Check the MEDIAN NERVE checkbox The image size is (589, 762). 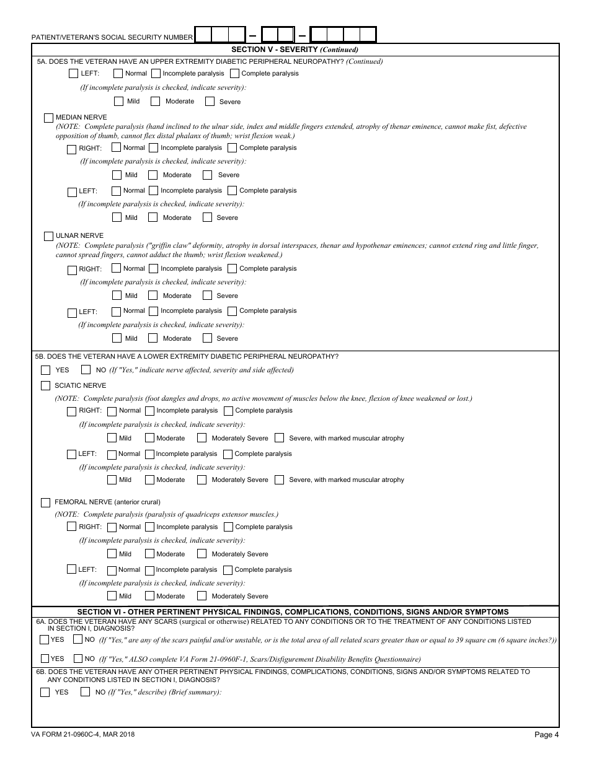point(48,117)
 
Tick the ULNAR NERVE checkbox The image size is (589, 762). point(48,236)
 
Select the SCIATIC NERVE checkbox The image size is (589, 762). point(45,385)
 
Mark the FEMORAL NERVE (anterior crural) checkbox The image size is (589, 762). point(45,502)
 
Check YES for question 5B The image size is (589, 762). point(45,370)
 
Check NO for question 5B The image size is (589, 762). point(86,370)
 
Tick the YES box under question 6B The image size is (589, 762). point(45,692)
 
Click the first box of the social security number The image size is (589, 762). point(203,35)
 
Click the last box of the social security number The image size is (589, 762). point(368,35)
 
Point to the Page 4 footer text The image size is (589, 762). point(546,735)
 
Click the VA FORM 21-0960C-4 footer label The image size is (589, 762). point(84,734)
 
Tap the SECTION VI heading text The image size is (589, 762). point(293,611)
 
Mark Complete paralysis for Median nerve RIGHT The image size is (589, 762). point(232,147)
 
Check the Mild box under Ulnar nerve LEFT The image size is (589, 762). point(117,338)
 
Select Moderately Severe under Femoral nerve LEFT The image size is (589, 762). point(201,596)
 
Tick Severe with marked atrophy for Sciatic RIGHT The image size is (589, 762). point(279,438)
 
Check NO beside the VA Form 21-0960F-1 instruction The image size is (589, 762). point(78,659)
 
